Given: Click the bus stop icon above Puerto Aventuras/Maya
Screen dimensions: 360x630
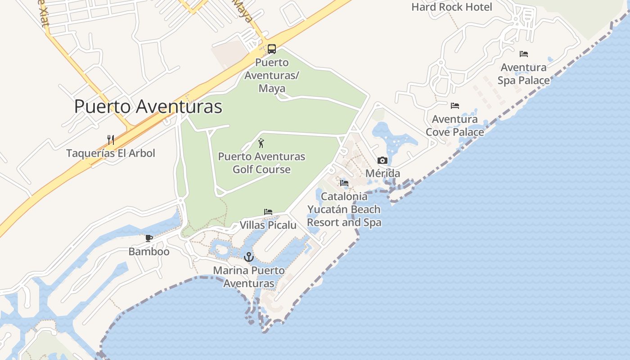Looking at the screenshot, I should [272, 49].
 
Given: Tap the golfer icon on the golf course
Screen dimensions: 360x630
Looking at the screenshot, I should [261, 144].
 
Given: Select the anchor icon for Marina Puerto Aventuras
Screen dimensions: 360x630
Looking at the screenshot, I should [249, 257].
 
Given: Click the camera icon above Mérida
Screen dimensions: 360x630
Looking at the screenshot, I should [382, 161].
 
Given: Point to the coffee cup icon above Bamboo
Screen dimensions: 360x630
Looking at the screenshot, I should [149, 238].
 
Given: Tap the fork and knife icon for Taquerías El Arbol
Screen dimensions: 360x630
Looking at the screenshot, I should [111, 139].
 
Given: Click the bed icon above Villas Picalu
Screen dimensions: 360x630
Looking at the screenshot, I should [268, 212].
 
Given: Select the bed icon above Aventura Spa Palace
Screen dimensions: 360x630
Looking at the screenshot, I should [524, 54].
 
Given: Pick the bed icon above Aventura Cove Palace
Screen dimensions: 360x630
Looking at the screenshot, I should [455, 106].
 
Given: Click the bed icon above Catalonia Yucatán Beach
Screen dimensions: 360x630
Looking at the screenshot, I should [344, 183].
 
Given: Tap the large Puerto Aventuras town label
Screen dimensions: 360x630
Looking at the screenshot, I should [148, 107].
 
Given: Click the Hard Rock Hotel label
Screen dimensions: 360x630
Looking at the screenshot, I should [452, 7].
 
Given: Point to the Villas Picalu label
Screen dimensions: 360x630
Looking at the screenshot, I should [268, 225].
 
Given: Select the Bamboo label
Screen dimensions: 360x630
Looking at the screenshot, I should [149, 252].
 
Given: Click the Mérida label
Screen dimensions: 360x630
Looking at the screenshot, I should [382, 174].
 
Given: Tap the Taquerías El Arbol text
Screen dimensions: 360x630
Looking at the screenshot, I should [111, 153].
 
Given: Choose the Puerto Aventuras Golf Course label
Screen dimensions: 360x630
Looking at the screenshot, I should [261, 163].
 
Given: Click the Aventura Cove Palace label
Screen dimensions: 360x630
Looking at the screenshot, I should [455, 126].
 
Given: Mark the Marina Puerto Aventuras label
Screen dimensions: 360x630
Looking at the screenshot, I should [249, 277].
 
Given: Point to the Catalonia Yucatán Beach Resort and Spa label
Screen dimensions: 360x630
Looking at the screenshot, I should [344, 209].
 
